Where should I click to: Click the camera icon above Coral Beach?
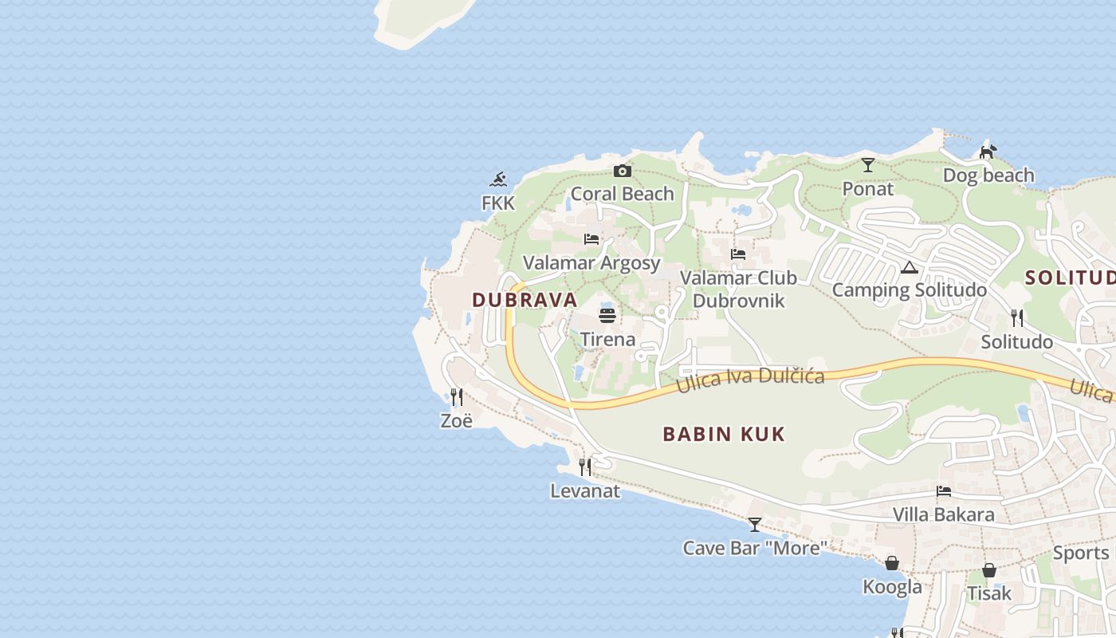tap(623, 171)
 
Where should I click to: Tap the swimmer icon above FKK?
tap(499, 179)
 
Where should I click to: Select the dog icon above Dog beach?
tap(988, 152)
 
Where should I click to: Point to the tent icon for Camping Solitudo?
tap(910, 267)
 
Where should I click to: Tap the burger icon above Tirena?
tap(607, 314)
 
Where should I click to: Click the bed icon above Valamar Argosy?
tap(591, 239)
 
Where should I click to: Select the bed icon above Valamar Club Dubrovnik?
tap(738, 254)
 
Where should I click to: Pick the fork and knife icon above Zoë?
tap(457, 396)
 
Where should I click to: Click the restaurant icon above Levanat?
tap(585, 467)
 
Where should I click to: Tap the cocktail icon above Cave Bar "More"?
tap(755, 525)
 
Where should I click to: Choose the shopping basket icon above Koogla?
tap(892, 564)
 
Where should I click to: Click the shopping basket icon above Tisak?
tap(989, 570)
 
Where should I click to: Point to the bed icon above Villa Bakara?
tap(944, 491)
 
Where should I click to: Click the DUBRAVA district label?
tap(525, 300)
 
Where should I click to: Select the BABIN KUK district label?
tap(724, 434)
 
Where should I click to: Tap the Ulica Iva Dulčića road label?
tap(750, 380)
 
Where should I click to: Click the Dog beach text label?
tap(988, 175)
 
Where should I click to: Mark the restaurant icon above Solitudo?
tap(1017, 318)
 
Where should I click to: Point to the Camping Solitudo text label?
tap(910, 289)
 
